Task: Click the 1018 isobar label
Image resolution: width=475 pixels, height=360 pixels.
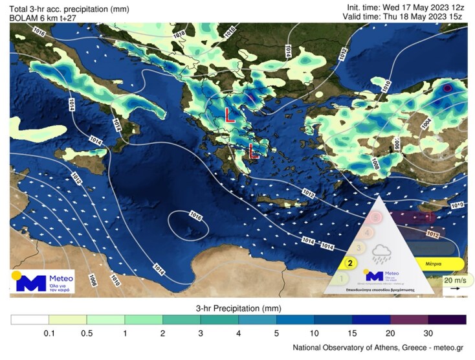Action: coord(179,34)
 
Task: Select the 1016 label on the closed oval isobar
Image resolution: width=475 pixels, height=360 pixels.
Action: coord(197,215)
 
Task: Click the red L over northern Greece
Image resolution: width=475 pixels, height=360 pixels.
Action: coord(229,115)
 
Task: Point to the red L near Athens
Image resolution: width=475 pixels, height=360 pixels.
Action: coord(254,153)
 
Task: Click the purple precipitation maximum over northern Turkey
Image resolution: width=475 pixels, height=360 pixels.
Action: coord(446,88)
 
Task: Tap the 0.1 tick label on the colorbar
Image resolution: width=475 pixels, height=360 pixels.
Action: coord(49,333)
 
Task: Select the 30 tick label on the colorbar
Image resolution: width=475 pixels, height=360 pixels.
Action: coord(428,333)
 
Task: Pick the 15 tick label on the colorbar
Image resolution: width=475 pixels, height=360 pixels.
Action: coord(352,333)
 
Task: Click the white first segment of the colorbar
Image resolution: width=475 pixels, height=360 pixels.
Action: coord(30,319)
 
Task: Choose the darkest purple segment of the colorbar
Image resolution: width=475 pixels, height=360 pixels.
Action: coord(447,319)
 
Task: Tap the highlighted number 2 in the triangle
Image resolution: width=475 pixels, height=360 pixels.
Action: coord(350,263)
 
